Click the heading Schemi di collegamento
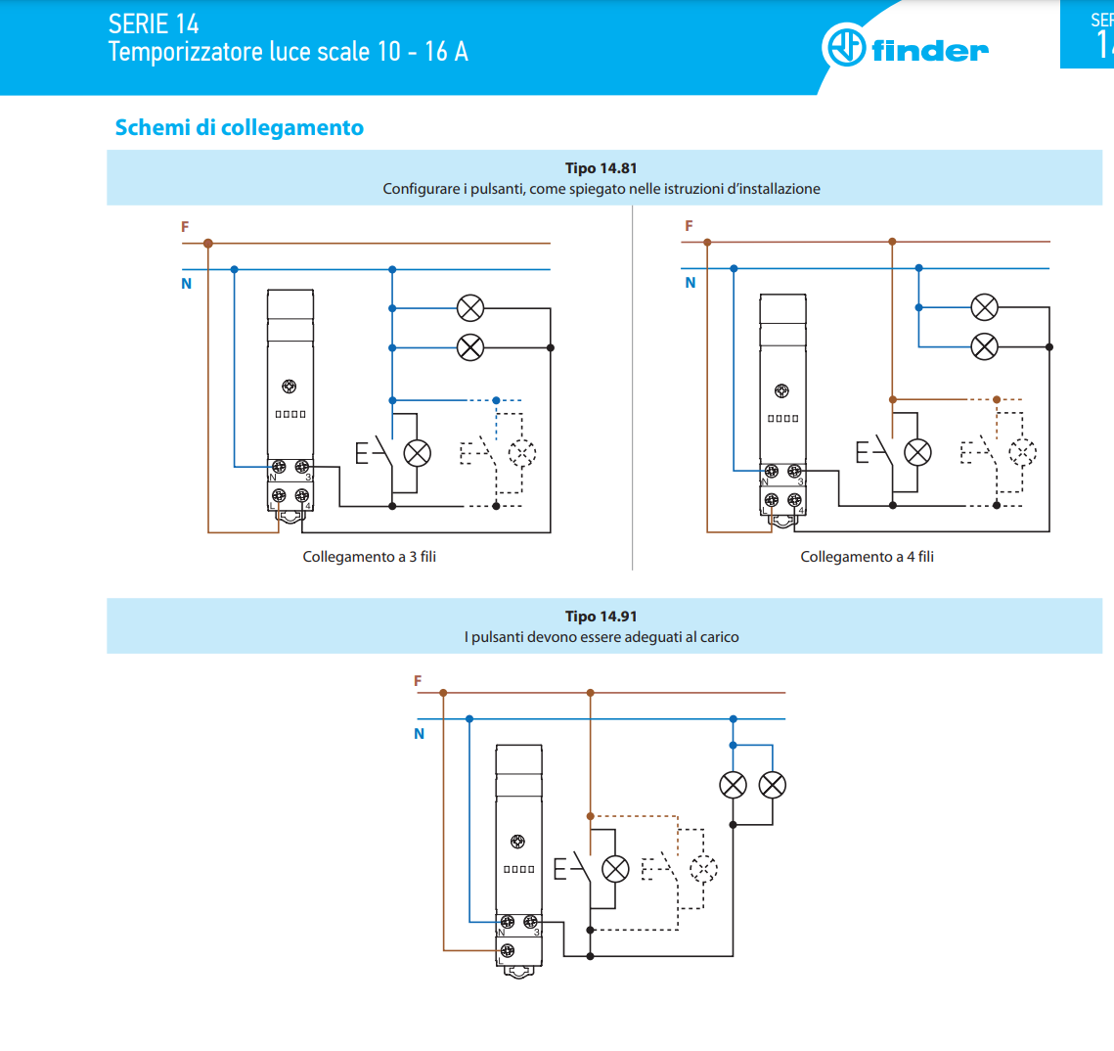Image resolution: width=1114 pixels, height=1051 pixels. click(x=240, y=127)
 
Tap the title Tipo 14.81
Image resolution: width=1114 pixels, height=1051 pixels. click(x=602, y=168)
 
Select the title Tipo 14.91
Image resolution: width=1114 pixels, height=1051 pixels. click(x=602, y=617)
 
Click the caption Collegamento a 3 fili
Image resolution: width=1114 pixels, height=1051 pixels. click(x=370, y=557)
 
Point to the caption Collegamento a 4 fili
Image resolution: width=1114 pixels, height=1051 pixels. click(x=867, y=557)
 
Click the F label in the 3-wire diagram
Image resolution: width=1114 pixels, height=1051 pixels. click(x=185, y=227)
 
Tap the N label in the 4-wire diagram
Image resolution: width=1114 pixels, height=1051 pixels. click(x=690, y=283)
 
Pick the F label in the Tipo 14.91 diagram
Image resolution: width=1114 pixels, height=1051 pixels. click(x=418, y=681)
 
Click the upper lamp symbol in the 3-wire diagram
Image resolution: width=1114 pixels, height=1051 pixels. click(x=470, y=308)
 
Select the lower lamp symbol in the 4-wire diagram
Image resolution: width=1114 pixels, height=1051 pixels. click(x=984, y=346)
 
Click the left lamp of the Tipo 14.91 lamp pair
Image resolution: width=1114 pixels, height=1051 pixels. click(x=734, y=785)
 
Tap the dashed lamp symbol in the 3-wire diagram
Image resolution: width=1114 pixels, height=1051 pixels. click(x=522, y=453)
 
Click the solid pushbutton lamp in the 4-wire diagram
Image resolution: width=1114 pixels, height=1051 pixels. click(x=917, y=453)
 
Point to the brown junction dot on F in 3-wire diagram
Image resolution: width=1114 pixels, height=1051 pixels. click(x=208, y=243)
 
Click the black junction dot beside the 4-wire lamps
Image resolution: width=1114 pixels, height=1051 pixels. click(x=1049, y=346)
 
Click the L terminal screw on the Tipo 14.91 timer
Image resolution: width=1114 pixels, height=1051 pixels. click(x=508, y=950)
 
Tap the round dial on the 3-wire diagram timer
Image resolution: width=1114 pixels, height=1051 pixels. click(x=290, y=387)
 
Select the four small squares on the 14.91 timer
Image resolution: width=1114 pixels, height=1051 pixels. click(x=518, y=869)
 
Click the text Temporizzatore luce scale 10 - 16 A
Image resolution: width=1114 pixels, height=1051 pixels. click(x=288, y=52)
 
